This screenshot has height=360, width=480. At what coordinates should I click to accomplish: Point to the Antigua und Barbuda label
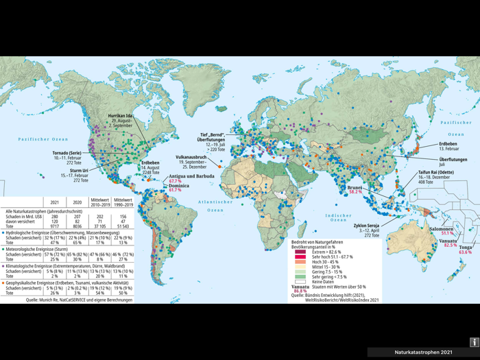click(191, 176)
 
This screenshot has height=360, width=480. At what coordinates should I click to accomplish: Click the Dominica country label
click(179, 185)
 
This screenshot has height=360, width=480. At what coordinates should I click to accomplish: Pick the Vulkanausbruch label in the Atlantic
click(191, 157)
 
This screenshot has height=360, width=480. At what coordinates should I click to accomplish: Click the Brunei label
click(355, 187)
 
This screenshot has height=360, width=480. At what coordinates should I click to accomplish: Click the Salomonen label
click(441, 229)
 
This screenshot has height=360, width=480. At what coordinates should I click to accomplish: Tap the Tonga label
click(466, 248)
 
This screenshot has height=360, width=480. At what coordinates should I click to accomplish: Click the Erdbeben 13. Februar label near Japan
click(448, 144)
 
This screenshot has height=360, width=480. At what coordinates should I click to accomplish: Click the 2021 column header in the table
click(54, 202)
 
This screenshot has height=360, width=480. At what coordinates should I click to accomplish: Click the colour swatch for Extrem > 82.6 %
click(300, 252)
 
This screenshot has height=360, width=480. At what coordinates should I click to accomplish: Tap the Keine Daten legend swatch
click(300, 281)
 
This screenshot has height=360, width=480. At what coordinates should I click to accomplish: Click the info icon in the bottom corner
click(473, 342)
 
